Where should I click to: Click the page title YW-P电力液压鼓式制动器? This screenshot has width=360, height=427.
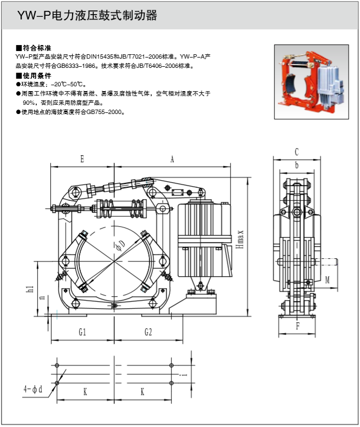click(87, 16)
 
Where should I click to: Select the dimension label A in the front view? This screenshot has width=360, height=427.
click(172, 159)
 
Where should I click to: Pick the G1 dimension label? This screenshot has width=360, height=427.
click(82, 331)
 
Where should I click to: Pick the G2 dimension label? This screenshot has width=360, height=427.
click(148, 331)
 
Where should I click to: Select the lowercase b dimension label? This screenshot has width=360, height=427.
click(297, 165)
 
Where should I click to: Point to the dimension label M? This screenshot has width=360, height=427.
click(327, 280)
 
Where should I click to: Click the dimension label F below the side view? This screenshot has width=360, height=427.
click(297, 327)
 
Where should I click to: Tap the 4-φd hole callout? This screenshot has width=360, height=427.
click(33, 389)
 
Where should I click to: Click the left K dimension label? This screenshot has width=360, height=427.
click(85, 391)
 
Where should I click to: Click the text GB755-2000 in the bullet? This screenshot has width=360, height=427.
click(107, 112)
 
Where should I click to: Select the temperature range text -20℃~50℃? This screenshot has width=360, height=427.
click(67, 85)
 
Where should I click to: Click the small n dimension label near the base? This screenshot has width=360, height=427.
click(42, 298)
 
